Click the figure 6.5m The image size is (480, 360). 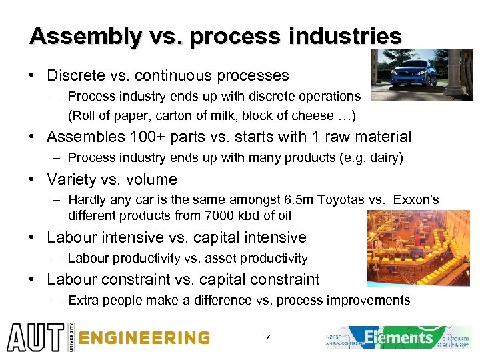(x=300, y=200)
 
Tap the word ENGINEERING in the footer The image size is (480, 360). (x=143, y=338)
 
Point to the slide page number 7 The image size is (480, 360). (x=267, y=339)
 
